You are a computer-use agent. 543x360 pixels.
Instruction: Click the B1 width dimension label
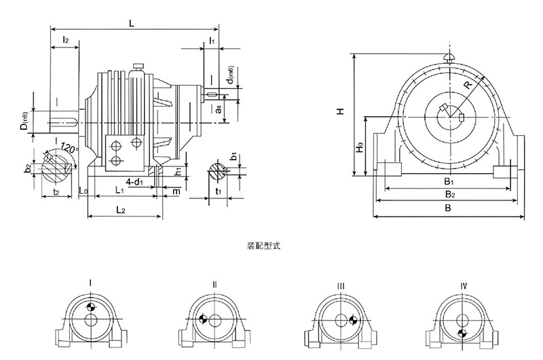(449, 181)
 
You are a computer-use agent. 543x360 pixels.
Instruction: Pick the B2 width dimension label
(449, 194)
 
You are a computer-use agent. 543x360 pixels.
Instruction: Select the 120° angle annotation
(69, 147)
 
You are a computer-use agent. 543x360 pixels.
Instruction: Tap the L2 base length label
(119, 211)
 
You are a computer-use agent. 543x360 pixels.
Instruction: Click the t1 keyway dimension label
(218, 192)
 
